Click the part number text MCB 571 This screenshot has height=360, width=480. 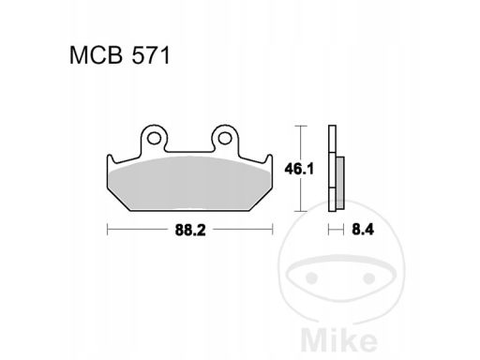point(120,55)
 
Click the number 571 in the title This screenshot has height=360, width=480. point(151,55)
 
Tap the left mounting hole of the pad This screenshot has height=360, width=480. point(154,138)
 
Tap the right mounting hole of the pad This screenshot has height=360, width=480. point(225,138)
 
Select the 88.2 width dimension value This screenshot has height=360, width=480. point(190,231)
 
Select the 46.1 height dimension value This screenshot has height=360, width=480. point(299,170)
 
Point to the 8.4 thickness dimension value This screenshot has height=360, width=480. point(363,230)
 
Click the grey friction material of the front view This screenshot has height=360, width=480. point(190,185)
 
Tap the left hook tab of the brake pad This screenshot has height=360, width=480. point(111,160)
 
